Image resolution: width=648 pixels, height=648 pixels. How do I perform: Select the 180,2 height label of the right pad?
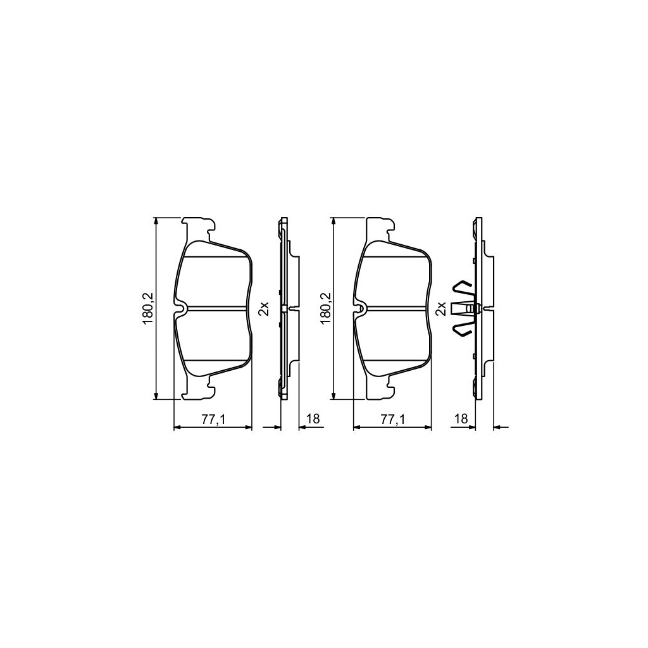326,308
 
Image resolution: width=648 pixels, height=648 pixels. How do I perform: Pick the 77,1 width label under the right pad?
392,419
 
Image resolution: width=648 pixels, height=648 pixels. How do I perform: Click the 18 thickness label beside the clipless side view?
312,419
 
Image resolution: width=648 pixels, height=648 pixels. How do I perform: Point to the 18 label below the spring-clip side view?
461,419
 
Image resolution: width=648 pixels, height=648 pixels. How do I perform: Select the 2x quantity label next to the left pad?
264,308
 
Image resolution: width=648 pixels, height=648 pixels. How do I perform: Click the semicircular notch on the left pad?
181,309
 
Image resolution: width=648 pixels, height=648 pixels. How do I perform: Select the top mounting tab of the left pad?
199,225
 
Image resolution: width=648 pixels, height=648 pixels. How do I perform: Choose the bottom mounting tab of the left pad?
199,391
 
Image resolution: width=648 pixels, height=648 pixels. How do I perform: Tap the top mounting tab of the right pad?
378,225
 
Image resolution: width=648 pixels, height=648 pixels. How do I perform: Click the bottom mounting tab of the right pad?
378,391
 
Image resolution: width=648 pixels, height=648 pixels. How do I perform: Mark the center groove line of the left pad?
218,308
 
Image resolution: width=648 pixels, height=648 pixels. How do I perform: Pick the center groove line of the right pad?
397,308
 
